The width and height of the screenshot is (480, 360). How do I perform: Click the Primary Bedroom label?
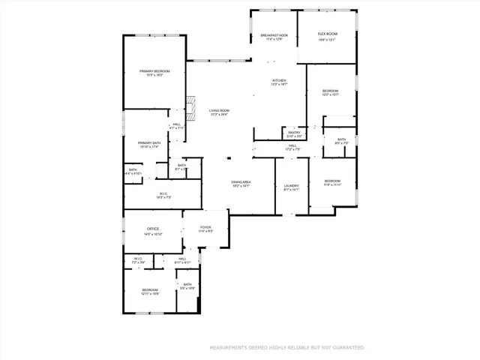coord(154,71)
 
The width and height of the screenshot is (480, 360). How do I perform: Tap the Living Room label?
coord(219,110)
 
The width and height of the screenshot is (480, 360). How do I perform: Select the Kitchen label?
coord(279,80)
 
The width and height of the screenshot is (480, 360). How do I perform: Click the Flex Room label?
coord(326,34)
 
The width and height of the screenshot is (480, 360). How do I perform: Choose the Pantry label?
coord(293,132)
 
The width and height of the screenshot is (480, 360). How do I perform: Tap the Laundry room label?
coord(291,185)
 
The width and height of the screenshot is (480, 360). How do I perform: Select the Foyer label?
coord(205,227)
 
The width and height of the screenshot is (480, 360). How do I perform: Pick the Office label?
coord(152,229)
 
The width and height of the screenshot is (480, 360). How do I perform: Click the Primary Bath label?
coord(149,142)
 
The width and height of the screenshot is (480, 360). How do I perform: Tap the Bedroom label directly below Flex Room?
coord(331,91)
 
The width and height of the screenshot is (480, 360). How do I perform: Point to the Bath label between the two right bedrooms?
coord(341,139)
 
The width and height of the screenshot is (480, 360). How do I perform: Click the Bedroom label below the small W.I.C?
coord(150,289)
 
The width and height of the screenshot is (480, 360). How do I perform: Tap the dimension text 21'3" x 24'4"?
coord(219,115)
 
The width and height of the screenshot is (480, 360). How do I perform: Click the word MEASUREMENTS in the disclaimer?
coord(228,348)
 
